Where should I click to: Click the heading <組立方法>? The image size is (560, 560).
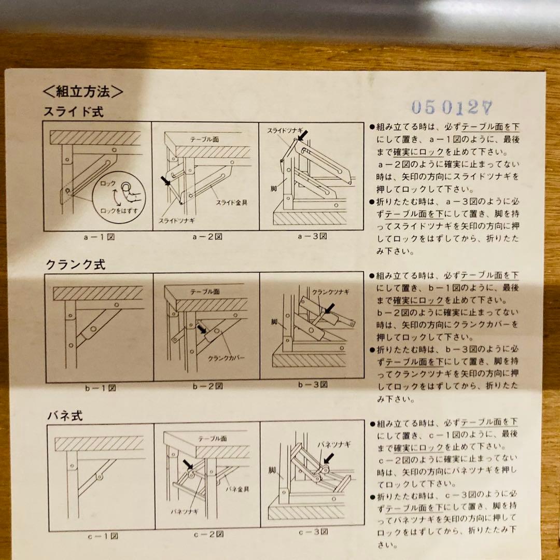coord(83,93)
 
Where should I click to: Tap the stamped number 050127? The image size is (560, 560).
coord(451,107)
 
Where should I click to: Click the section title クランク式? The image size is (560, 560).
coord(76,264)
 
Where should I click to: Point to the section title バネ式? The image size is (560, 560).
coord(65,416)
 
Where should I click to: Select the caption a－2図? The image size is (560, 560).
coord(205,237)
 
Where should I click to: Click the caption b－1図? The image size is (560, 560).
coord(101,388)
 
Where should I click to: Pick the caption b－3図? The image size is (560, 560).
coord(313,385)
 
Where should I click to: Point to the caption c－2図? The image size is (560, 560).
coord(208,534)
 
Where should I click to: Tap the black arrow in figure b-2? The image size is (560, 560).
coord(202,328)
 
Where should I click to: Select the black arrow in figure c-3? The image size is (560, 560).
coord(328,458)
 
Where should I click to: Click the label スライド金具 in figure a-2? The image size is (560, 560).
coord(231,202)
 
